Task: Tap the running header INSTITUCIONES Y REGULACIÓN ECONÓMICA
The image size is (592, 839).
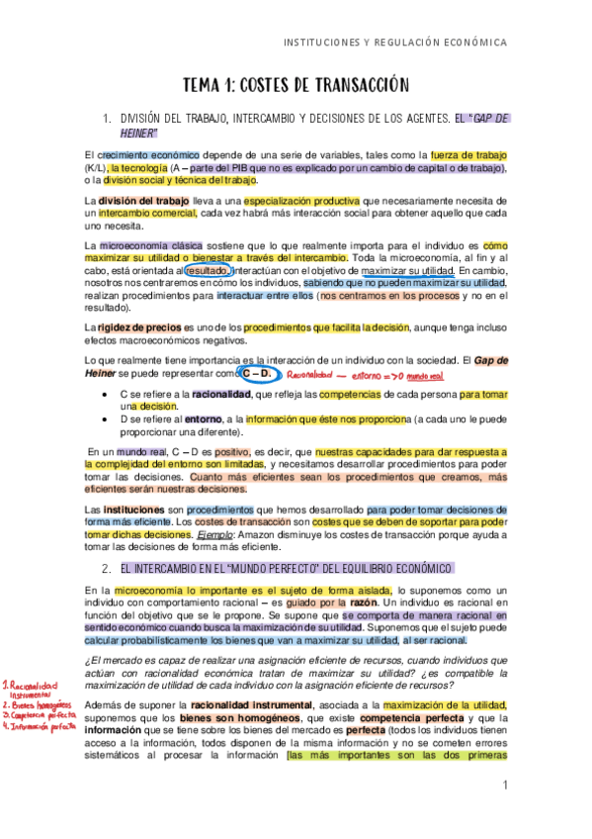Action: pyautogui.click(x=395, y=43)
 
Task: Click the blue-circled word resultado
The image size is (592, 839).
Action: pyautogui.click(x=208, y=269)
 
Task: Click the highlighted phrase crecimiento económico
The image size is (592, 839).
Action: pyautogui.click(x=148, y=155)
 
